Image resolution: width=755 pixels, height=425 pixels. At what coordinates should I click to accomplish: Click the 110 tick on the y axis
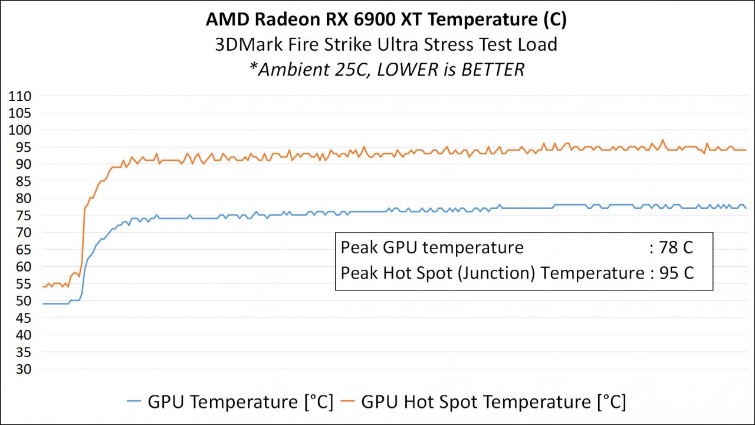tap(20, 96)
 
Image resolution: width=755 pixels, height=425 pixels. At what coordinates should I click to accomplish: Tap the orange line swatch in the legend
tap(348, 402)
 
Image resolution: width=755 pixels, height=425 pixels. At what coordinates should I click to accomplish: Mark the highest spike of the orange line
tap(662, 140)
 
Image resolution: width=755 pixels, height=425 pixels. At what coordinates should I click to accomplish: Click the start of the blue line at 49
tap(43, 303)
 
